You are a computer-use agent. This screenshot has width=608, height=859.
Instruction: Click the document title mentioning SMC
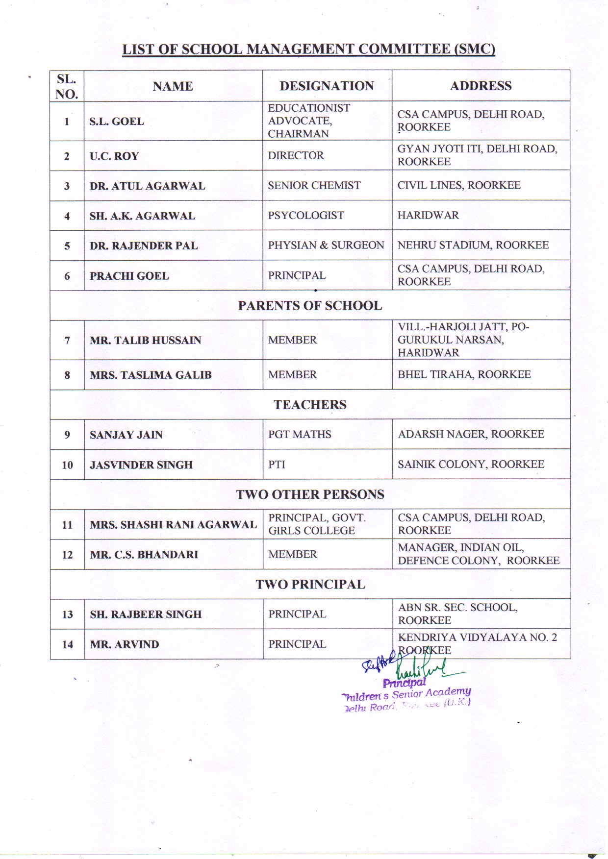[308, 49]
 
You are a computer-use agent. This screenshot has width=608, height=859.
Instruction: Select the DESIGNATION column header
[327, 86]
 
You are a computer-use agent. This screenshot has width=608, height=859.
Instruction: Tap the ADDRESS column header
[481, 86]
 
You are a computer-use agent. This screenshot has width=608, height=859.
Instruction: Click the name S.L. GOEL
[117, 122]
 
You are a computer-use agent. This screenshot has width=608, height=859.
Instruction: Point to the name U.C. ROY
[114, 156]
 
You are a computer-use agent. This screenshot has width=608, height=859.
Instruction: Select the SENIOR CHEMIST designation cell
[314, 186]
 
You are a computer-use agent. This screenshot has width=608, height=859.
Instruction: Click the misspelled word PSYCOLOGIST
[306, 216]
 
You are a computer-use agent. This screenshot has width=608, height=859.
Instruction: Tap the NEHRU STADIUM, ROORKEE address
[473, 245]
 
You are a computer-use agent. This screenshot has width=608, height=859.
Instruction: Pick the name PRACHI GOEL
[129, 276]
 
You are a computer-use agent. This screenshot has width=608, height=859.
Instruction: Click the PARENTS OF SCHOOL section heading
[310, 306]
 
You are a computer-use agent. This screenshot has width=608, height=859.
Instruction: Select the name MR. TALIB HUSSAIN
[145, 341]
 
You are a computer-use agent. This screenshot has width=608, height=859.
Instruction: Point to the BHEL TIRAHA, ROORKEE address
[464, 375]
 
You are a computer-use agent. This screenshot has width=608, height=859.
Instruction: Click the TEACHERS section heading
[310, 405]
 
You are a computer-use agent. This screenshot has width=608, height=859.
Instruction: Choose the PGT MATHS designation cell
[300, 435]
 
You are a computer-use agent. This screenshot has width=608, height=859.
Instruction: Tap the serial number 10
[67, 465]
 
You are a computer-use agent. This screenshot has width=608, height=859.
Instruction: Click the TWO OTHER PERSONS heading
[310, 494]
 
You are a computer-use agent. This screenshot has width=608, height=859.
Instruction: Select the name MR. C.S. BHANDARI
[144, 555]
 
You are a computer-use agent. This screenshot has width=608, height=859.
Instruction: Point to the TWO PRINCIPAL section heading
[310, 585]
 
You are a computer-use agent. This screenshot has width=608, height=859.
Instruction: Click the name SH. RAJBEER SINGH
[146, 614]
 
